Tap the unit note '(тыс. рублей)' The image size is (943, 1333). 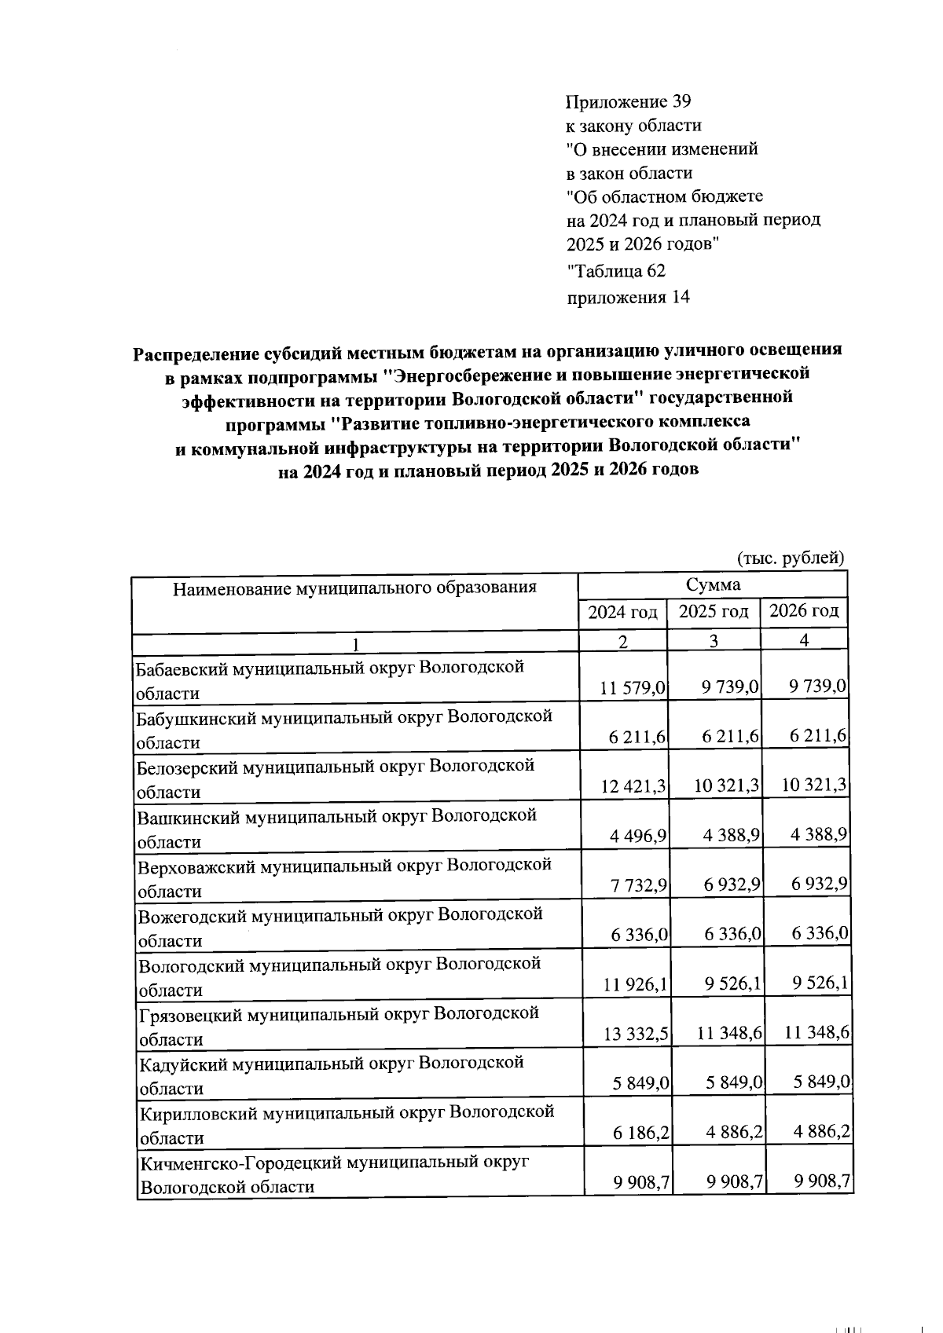tap(790, 558)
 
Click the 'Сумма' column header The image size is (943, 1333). tap(712, 584)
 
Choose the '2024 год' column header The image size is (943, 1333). tap(622, 612)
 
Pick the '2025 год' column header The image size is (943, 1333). tap(713, 612)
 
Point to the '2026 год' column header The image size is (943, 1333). tap(803, 610)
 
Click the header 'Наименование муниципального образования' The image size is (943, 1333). tap(354, 587)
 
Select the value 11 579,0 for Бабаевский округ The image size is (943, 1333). tap(633, 688)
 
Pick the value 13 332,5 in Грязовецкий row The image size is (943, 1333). tap(636, 1035)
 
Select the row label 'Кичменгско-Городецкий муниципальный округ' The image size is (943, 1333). tap(334, 1162)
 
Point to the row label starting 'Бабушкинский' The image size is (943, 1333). tap(344, 716)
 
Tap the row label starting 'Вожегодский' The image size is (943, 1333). tap(340, 914)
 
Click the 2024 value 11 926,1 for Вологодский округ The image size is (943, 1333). tap(635, 984)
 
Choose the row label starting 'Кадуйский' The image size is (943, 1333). tap(331, 1063)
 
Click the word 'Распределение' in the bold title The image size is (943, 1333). tap(194, 353)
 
